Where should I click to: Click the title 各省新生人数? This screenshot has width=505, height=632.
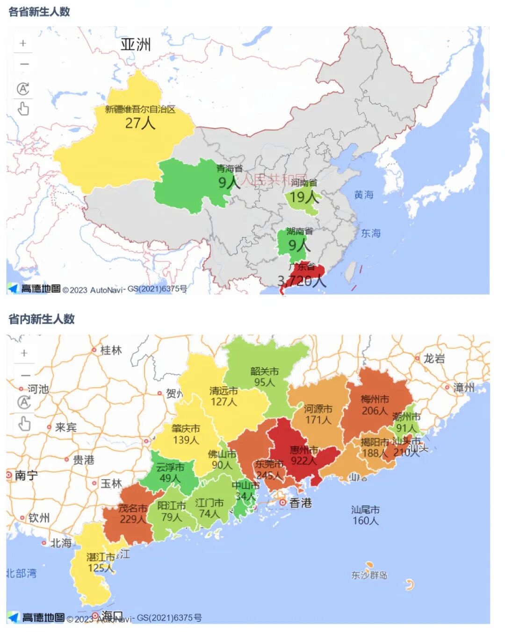point(39,12)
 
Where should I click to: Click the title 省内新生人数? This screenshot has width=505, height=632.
point(42,319)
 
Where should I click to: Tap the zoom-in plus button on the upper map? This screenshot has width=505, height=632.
point(23,43)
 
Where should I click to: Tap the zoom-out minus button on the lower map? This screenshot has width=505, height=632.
point(25,375)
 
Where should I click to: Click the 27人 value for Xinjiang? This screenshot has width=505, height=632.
point(140,123)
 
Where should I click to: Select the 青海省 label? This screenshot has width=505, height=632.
point(229,169)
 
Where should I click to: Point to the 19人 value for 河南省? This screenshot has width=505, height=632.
point(303,197)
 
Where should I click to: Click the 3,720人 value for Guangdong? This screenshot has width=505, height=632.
point(302,281)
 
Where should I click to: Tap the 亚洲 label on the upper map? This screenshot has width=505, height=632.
point(136,44)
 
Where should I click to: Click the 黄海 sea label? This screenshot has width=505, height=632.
point(364,195)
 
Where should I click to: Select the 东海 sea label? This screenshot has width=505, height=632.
point(371,233)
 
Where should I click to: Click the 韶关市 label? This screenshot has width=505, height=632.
point(264,371)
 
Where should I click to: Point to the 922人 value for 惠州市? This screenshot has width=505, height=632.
point(303,461)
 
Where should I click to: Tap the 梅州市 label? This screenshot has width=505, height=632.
point(375,399)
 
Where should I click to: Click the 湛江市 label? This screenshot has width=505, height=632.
point(101,557)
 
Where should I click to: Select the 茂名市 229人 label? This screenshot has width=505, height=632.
point(133,514)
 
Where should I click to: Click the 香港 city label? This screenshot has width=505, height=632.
point(300,503)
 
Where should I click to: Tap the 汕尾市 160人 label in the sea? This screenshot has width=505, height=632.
point(365,515)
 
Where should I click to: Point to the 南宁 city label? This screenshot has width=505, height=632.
point(26,476)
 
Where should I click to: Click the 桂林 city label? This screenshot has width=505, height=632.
point(111,350)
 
